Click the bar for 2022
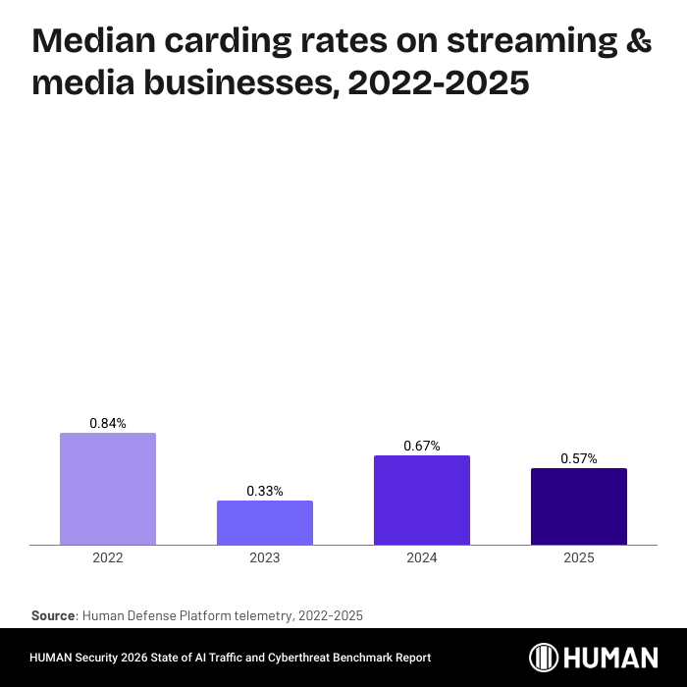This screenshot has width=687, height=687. [x=108, y=489]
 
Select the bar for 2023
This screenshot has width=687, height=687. [x=265, y=522]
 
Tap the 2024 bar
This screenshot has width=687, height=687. [x=422, y=500]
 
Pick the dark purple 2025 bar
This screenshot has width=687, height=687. [x=579, y=506]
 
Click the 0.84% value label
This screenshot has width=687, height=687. [x=108, y=423]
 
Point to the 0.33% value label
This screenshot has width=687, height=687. [x=265, y=491]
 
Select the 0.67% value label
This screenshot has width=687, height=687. [x=422, y=446]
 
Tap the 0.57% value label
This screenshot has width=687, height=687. [x=579, y=458]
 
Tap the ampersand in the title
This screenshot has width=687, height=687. [x=638, y=40]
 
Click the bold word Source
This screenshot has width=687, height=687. [x=53, y=615]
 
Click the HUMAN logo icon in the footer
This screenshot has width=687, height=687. [x=545, y=658]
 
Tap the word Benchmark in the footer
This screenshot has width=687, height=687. [x=343, y=658]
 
